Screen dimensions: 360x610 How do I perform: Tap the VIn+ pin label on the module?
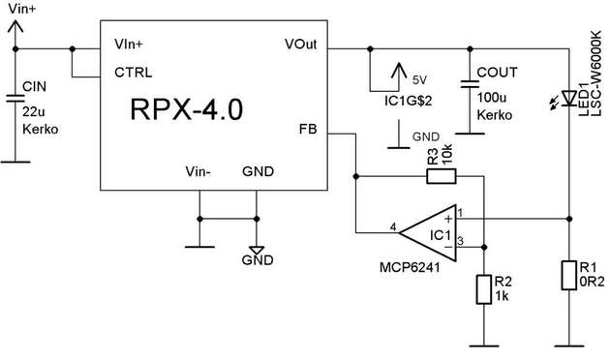point(133,45)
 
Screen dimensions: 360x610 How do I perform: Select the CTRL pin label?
point(134,72)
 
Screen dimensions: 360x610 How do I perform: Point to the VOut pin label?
point(306,45)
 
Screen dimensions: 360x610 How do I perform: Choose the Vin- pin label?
point(198,171)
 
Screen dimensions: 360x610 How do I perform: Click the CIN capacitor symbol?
point(14,98)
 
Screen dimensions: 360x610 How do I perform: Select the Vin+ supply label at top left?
point(21,8)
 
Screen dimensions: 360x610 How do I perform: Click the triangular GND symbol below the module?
point(257,247)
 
